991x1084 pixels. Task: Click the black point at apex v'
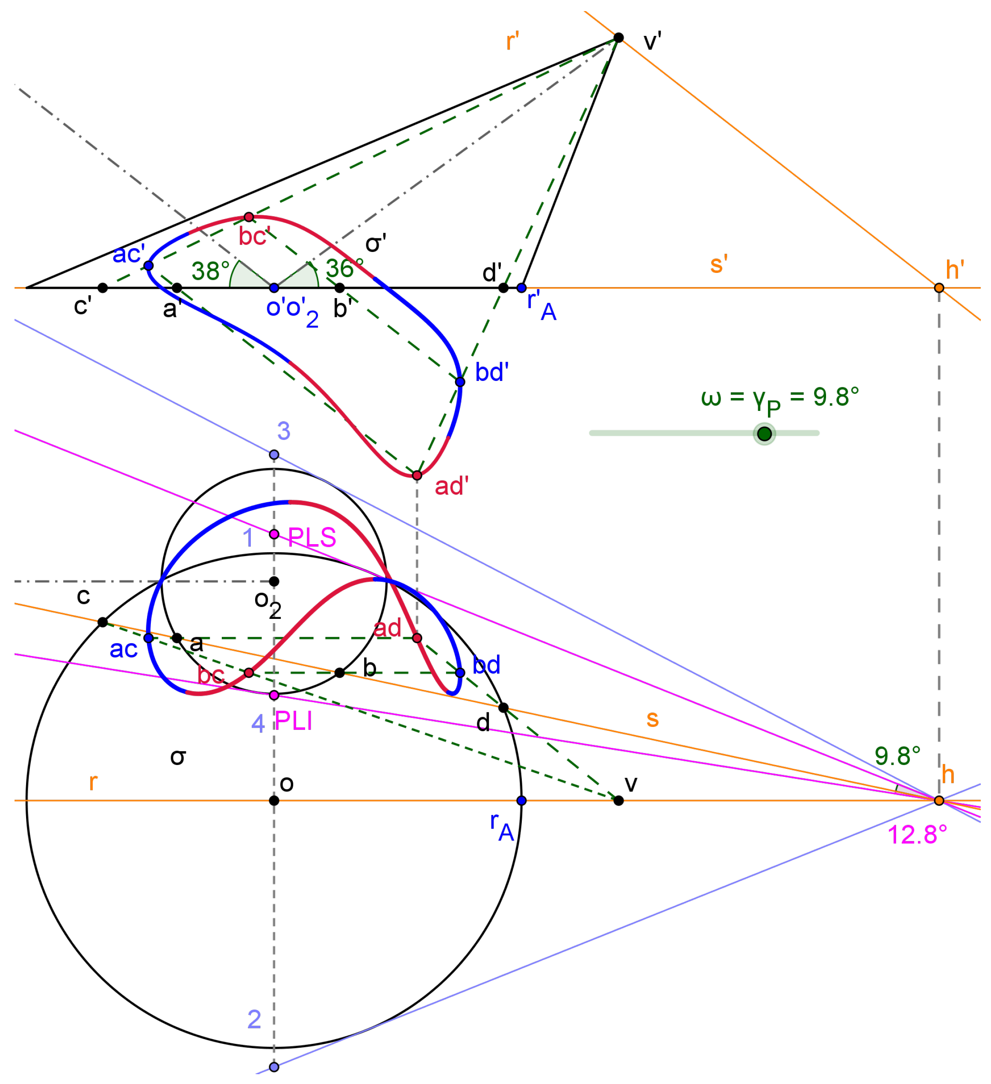(x=619, y=38)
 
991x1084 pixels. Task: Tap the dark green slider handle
(x=764, y=434)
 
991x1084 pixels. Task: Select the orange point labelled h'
(x=939, y=288)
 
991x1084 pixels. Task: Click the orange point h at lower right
(x=939, y=801)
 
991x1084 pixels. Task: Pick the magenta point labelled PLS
(x=274, y=534)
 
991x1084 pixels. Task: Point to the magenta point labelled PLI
(x=274, y=695)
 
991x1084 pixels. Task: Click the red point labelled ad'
(x=417, y=475)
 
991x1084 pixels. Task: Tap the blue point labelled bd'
(x=460, y=382)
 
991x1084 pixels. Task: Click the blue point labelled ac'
(x=148, y=265)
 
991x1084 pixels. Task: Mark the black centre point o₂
(x=274, y=581)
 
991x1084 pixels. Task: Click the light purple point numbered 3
(x=274, y=455)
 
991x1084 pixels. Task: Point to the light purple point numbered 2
(x=274, y=1067)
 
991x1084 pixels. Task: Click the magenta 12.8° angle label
(x=917, y=835)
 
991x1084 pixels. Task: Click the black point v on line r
(x=619, y=801)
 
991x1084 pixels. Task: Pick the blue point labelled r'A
(x=521, y=288)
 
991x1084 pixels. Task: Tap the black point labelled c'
(x=103, y=288)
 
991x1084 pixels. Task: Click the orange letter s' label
(x=719, y=264)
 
